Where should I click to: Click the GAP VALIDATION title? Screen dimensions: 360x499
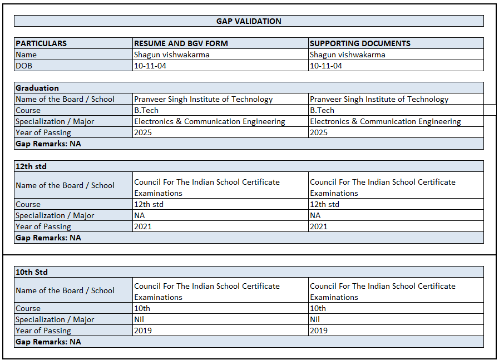tap(249, 21)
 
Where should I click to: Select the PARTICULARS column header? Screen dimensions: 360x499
tap(41, 43)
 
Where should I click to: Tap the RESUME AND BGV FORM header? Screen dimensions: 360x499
tap(181, 43)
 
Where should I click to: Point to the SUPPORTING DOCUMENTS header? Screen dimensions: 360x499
tap(360, 43)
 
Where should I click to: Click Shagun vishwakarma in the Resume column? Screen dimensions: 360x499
tap(171, 55)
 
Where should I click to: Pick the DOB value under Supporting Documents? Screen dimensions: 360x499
tap(326, 66)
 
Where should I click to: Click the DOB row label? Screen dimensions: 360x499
tap(25, 66)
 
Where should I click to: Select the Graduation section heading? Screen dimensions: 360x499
tap(37, 88)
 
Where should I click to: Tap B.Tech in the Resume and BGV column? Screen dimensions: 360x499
tap(146, 110)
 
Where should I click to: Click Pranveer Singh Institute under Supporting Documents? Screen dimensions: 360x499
tap(379, 99)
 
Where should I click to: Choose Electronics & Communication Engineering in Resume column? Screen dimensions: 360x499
tap(209, 121)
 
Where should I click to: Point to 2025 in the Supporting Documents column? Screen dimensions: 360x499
tap(319, 132)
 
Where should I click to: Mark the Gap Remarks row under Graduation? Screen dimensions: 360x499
tap(48, 144)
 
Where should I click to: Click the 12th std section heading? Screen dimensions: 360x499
tap(31, 166)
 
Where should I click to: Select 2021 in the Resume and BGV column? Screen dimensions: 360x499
tap(143, 226)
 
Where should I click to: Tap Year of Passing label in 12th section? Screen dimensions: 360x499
tap(43, 226)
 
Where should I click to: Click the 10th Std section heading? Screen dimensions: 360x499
tap(32, 272)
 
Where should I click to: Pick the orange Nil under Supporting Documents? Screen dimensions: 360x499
tap(315, 319)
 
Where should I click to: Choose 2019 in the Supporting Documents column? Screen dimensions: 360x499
tap(319, 331)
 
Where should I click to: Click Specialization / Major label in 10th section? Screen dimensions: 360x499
tap(55, 319)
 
